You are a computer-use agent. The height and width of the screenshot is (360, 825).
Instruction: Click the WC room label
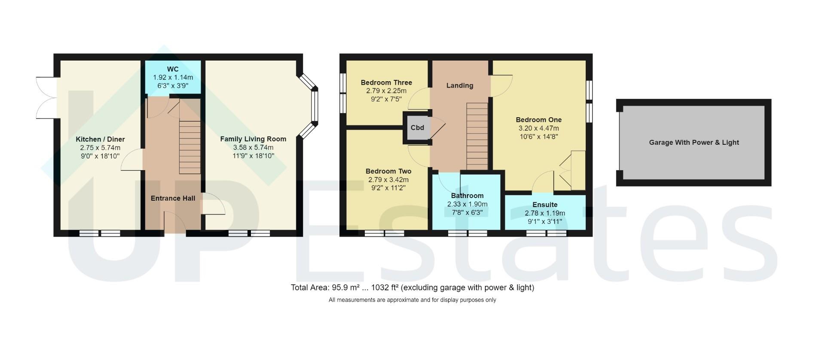[173, 69]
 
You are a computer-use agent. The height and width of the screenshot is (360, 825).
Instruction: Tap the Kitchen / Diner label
[100, 139]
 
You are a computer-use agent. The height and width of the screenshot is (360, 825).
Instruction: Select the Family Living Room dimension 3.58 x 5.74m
[253, 147]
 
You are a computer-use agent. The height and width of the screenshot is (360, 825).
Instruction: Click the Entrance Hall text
[173, 198]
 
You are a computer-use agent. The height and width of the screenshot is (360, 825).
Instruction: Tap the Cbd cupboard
[417, 128]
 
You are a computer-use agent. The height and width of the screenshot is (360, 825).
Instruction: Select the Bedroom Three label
[386, 82]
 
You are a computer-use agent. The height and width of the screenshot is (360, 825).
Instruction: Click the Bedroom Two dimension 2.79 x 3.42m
[388, 180]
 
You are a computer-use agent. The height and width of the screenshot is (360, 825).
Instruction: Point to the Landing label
[459, 85]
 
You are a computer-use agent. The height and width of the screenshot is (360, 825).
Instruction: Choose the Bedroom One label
[538, 120]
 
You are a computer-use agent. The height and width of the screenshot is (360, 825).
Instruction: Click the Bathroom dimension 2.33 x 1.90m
[467, 204]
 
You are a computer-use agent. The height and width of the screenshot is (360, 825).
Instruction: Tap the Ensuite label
[545, 204]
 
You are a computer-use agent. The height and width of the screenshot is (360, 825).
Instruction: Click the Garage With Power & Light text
[694, 143]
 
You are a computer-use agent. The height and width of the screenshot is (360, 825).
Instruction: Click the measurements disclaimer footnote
[412, 300]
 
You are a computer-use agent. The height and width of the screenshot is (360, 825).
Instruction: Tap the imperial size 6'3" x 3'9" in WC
[173, 85]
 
